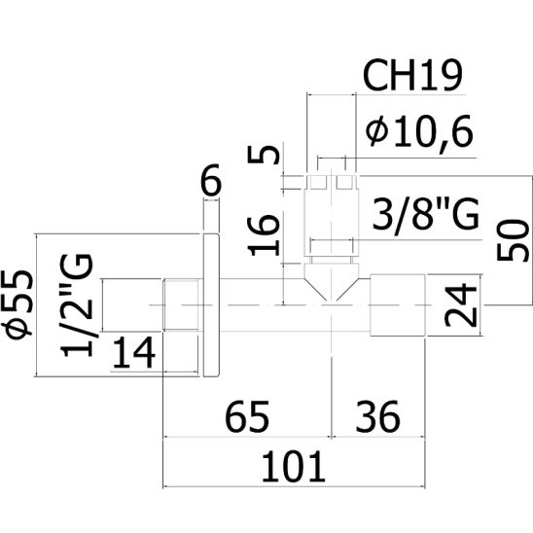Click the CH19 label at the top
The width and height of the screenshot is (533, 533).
pos(412,75)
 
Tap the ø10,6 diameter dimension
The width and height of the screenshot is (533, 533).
pos(419,131)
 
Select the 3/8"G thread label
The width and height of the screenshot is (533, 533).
pos(426,216)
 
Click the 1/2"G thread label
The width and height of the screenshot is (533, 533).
pos(77,304)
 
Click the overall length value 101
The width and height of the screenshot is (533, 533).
pos(294,466)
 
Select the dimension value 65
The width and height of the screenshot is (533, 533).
pos(247,416)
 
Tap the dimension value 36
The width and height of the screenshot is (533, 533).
pos(377,416)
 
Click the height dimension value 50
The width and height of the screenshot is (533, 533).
pos(513,240)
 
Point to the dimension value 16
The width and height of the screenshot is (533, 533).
pos(264,235)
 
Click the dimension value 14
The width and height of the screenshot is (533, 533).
pos(133,352)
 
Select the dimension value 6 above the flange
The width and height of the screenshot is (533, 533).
pos(211,181)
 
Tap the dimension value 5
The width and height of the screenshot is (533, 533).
pos(264,154)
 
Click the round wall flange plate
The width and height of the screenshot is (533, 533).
pos(211,304)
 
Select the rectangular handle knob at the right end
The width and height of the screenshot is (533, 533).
pos(398,304)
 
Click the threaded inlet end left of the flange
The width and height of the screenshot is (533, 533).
pos(181,304)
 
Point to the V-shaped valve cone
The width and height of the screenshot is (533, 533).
pos(332,281)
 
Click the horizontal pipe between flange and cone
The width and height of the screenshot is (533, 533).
pos(262,304)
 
